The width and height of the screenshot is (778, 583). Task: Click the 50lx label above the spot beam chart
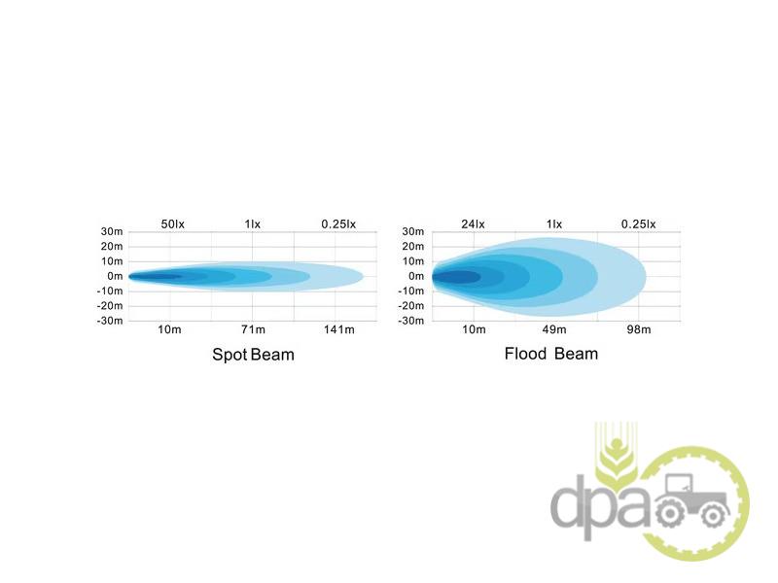[172, 224]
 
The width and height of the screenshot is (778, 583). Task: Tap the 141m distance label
[338, 329]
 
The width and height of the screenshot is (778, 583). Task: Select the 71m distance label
[252, 329]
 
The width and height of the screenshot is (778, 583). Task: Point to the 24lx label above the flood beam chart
[474, 224]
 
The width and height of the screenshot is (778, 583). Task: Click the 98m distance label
[638, 329]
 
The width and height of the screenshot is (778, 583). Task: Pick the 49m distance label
[554, 329]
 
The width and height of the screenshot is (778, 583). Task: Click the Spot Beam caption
[253, 355]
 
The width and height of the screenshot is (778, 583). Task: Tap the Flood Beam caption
[551, 353]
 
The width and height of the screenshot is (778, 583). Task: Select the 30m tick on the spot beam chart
[112, 231]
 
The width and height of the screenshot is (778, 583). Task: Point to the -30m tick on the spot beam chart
[110, 321]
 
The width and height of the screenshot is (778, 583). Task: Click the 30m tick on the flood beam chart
[413, 231]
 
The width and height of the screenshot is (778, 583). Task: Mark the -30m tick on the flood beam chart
[411, 321]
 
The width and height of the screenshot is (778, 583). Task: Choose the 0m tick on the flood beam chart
[416, 276]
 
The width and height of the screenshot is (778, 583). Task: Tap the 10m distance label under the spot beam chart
[169, 329]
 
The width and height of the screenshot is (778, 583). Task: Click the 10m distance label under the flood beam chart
[473, 329]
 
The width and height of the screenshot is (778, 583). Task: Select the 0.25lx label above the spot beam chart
[338, 224]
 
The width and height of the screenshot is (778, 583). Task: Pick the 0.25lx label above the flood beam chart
[638, 224]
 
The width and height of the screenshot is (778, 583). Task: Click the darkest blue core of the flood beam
[457, 277]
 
